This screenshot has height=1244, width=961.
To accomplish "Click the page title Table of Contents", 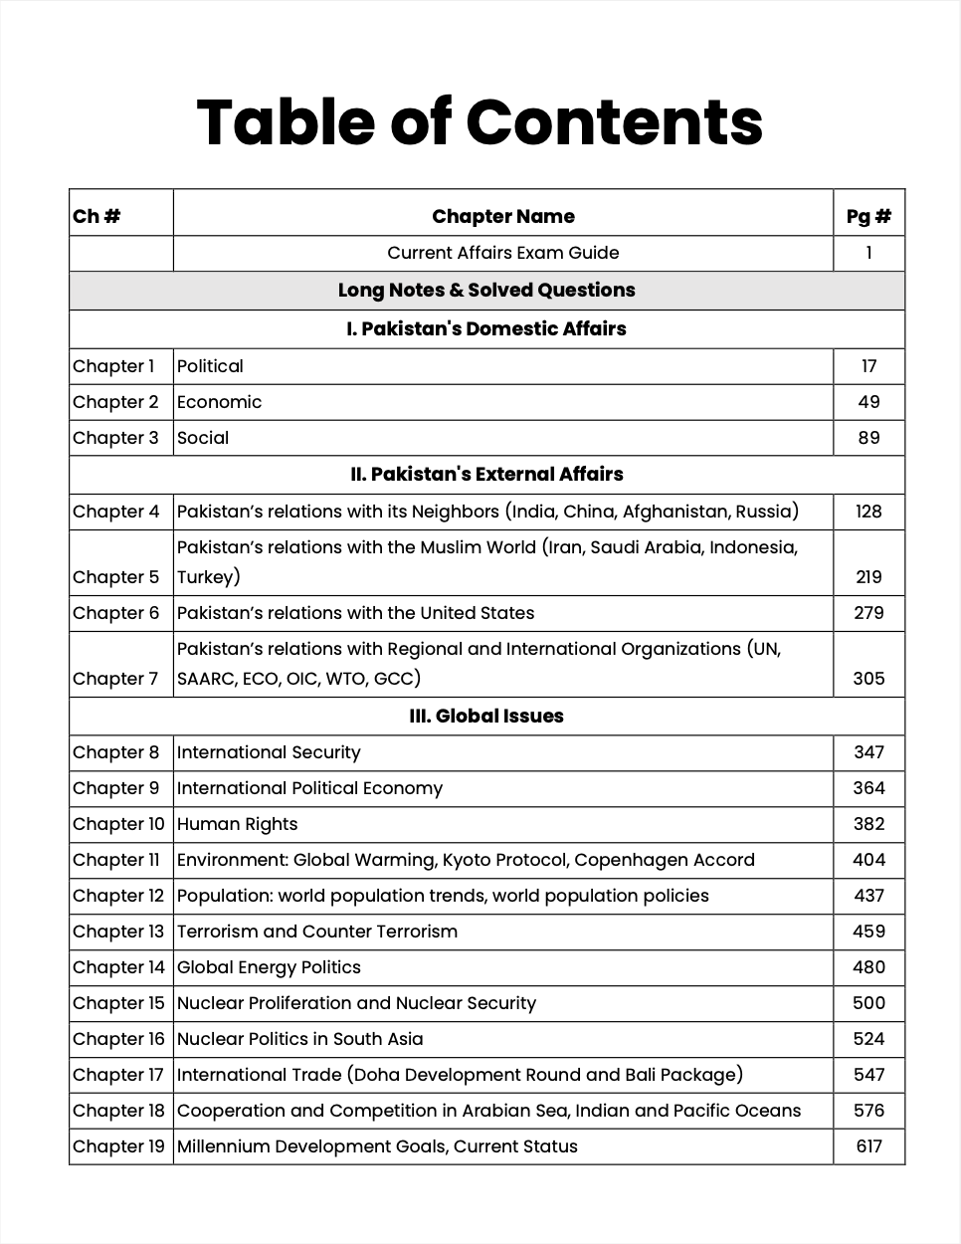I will (480, 122).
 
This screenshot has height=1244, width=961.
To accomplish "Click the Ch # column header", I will (96, 216).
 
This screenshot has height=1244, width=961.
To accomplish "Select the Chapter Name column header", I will (502, 216).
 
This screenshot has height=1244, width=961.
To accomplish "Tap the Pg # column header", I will (868, 216).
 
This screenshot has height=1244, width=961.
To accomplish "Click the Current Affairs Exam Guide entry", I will (502, 253).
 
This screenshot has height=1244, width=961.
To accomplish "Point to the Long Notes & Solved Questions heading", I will (485, 290).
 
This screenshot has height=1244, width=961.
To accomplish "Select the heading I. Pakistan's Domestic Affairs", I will (485, 328).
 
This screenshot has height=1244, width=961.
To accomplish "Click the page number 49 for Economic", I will (868, 402).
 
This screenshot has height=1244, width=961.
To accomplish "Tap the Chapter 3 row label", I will (115, 438).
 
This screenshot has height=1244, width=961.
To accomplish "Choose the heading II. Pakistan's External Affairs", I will (485, 474).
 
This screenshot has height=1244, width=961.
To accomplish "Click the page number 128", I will (868, 512).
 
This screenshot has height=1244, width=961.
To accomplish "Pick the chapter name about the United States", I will (355, 613).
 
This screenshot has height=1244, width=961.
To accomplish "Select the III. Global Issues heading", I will (485, 716).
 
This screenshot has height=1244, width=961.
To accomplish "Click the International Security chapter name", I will (269, 752).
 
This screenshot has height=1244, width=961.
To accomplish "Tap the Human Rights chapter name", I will (237, 824).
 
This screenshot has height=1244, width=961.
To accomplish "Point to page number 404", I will (868, 860).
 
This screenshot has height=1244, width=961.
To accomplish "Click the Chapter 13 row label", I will (117, 932).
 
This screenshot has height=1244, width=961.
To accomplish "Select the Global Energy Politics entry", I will (269, 967).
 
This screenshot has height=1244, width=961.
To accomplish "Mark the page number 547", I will (868, 1075).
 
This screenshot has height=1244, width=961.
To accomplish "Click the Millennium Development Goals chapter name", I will (377, 1146).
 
